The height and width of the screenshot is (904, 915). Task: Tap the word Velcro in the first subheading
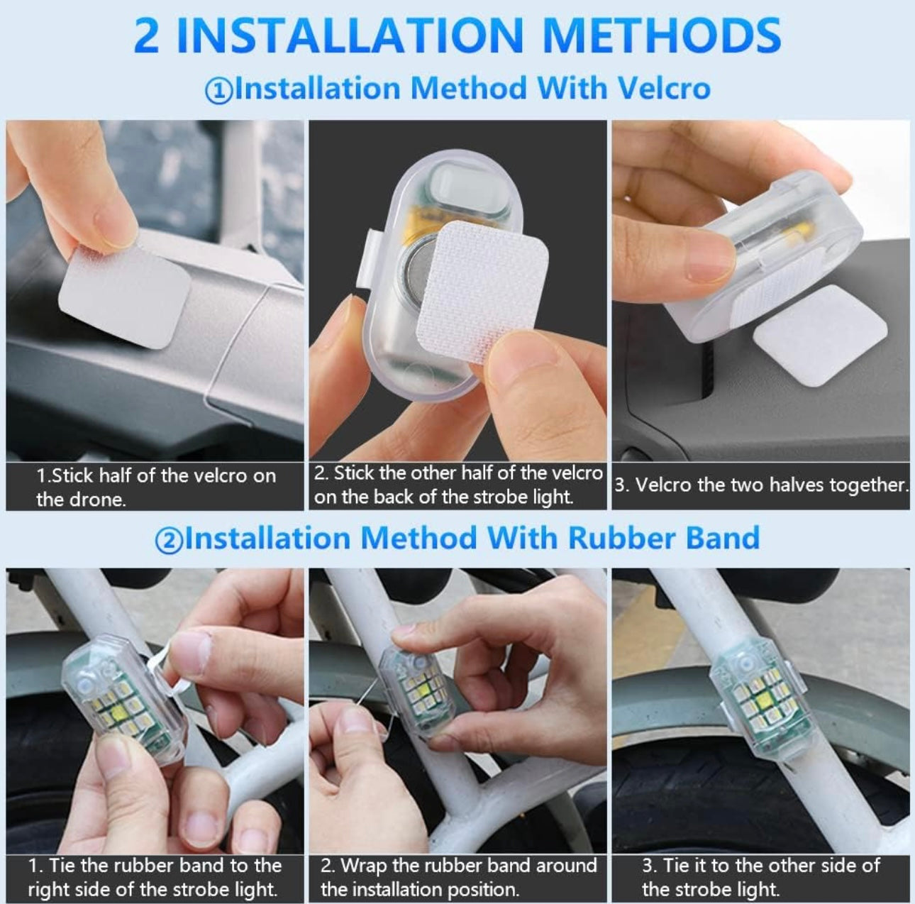point(664,89)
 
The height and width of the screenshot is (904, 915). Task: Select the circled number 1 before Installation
point(218,91)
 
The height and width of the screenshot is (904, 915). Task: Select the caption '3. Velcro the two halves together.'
point(760,485)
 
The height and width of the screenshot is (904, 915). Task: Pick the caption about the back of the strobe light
point(457,485)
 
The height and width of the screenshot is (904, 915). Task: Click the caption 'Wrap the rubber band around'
point(458,866)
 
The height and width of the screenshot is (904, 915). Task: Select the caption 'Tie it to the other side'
point(760,866)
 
